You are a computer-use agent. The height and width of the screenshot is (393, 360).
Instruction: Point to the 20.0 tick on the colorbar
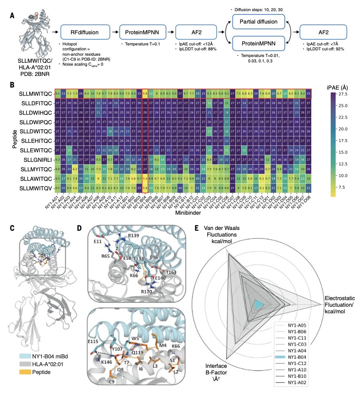[346, 129]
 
